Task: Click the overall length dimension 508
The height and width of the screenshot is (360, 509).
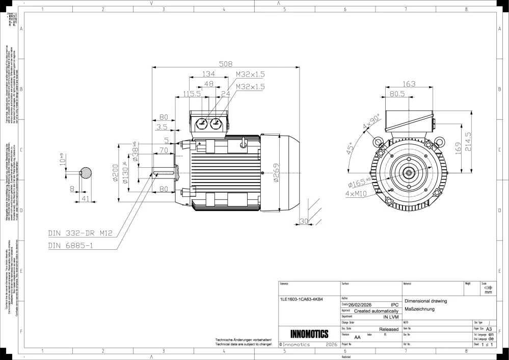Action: point(225,64)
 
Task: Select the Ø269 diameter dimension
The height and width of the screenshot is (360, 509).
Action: point(276,173)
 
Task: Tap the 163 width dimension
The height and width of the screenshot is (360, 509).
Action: point(409,84)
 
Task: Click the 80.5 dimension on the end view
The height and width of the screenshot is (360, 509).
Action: point(397,94)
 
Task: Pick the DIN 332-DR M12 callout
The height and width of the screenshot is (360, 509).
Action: point(79,234)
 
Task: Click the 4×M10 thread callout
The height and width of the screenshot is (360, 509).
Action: point(356,194)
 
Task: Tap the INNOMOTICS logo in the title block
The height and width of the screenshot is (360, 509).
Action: point(309,334)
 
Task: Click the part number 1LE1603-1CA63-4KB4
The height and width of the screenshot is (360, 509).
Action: point(302,299)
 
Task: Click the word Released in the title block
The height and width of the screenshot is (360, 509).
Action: point(389,329)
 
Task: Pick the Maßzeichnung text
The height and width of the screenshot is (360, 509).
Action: point(419,309)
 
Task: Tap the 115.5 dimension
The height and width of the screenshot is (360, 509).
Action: point(192,94)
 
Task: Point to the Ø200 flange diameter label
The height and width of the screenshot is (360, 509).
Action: point(116,174)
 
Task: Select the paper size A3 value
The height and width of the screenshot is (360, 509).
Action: point(488,329)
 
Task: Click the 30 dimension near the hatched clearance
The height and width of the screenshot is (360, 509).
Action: point(304,221)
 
